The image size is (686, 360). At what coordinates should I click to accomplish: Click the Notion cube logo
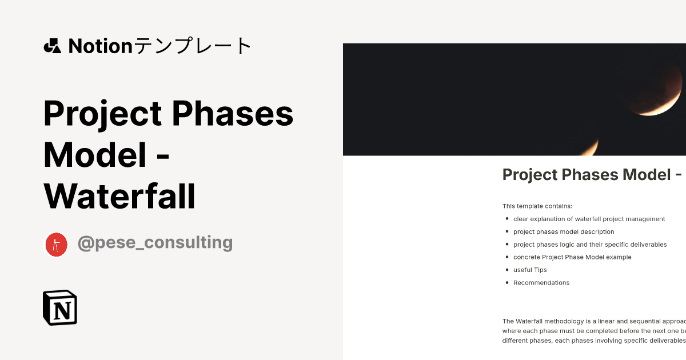point(60,307)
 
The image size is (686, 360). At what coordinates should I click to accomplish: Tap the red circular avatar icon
point(56,245)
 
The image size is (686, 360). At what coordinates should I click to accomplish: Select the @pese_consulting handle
point(155,242)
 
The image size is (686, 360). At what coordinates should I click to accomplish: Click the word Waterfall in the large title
point(119,196)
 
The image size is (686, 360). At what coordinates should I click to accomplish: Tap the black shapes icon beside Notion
point(52,46)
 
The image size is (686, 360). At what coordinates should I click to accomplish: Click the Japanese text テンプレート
point(193,46)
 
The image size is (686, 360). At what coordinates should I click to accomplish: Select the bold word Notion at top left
point(100,46)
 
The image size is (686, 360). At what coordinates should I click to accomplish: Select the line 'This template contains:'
point(537,206)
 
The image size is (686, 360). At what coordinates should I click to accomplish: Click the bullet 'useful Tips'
point(530,270)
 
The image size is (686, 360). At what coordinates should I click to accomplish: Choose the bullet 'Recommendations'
point(541,283)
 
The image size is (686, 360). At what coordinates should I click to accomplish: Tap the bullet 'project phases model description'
point(564,232)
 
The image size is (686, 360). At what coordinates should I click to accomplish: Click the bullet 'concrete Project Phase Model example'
point(572,257)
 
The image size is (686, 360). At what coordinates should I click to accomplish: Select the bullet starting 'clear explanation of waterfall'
point(589,219)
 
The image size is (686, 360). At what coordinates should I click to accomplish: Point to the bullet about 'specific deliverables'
point(590,245)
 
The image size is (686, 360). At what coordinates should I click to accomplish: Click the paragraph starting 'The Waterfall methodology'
point(593,331)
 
